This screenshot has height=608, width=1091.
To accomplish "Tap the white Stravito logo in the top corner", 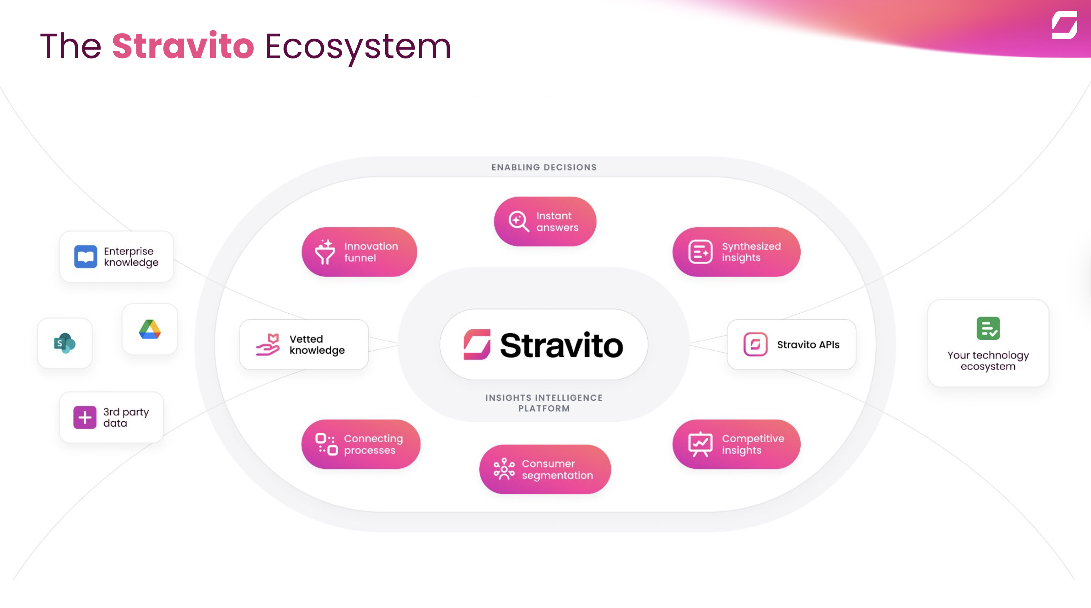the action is (1064, 25).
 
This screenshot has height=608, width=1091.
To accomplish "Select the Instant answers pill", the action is (545, 221).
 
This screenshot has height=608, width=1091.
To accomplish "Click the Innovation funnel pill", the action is (359, 252).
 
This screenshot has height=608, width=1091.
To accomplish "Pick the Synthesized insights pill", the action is (737, 252).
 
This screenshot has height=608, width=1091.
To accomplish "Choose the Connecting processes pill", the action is (361, 444).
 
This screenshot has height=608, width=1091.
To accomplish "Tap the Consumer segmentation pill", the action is (545, 469).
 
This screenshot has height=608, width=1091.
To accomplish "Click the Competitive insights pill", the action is (737, 444).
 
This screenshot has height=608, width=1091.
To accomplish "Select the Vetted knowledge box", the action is (304, 344).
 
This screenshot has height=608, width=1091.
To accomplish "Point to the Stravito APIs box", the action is (791, 344).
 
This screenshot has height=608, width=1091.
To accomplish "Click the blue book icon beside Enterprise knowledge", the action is (86, 257).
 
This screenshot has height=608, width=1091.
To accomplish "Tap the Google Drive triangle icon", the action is (150, 329).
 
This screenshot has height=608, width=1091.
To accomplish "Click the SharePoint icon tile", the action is (65, 343).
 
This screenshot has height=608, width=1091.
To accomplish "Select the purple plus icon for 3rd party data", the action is (85, 418).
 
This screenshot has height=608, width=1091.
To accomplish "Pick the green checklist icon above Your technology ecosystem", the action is (988, 328).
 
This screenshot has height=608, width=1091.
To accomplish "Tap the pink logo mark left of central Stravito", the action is (477, 344).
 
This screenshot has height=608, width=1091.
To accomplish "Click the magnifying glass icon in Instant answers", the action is (519, 221).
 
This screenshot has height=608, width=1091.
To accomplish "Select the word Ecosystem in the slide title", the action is (358, 47).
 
